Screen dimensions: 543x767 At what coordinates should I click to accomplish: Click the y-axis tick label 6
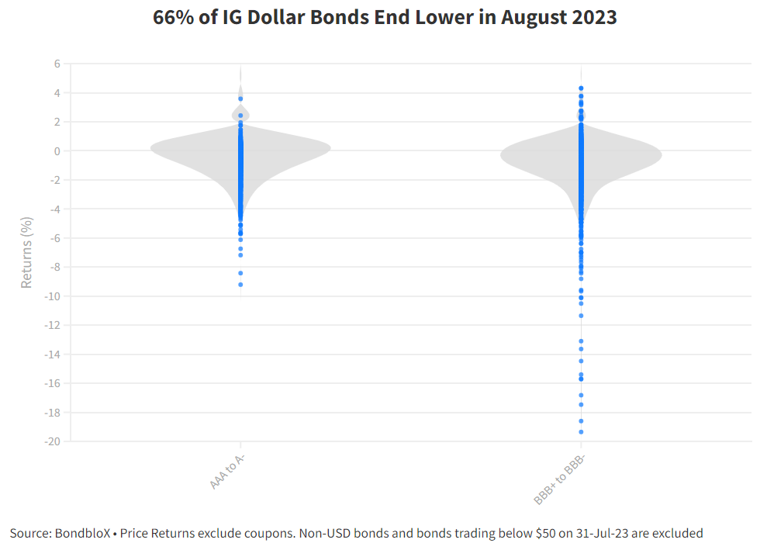(x=56, y=64)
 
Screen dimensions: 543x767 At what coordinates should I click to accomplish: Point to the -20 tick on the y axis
(x=53, y=441)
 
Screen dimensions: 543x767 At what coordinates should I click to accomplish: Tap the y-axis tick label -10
(x=53, y=296)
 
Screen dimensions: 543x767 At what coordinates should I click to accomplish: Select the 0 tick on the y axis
(x=56, y=151)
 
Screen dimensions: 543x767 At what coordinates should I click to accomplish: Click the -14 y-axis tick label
(x=53, y=355)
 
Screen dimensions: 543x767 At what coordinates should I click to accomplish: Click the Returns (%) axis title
(x=27, y=253)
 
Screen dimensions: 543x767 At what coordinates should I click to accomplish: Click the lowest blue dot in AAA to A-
(x=240, y=285)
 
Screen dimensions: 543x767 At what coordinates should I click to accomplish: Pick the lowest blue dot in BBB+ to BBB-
(x=581, y=432)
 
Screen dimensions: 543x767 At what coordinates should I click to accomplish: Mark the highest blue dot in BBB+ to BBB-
(x=581, y=88)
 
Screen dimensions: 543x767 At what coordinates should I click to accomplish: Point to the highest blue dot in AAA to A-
(x=240, y=99)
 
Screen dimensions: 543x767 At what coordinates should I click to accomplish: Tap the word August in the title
(x=528, y=17)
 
